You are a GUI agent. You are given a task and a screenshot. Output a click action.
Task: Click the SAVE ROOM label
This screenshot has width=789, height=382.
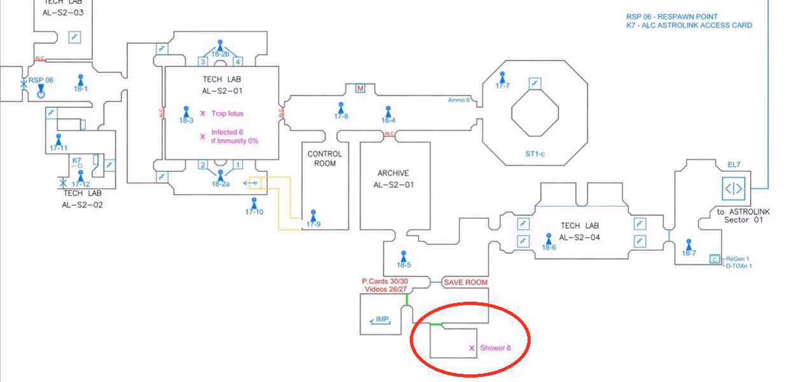pos(465,282)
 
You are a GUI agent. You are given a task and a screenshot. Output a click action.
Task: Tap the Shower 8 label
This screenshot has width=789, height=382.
pos(496,348)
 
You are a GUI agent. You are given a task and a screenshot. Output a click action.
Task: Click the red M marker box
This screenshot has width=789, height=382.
pos(360,88)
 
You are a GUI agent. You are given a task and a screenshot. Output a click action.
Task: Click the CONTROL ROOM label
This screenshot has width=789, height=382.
pos(325,159)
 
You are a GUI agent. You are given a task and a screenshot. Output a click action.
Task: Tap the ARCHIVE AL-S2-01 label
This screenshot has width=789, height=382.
pos(393,179)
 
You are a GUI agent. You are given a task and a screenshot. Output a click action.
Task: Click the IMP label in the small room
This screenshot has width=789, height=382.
pos(382,320)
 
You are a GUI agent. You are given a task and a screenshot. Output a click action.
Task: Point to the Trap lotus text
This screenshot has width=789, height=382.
pos(227,113)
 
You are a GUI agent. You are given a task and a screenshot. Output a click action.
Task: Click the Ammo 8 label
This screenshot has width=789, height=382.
pos(459,100)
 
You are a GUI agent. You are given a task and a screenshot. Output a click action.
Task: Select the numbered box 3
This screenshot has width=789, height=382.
pos(203,62)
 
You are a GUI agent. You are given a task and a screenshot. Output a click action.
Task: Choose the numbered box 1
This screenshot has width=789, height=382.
pos(237,165)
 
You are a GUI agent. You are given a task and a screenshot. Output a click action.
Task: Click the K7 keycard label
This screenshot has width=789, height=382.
pos(77,160)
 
